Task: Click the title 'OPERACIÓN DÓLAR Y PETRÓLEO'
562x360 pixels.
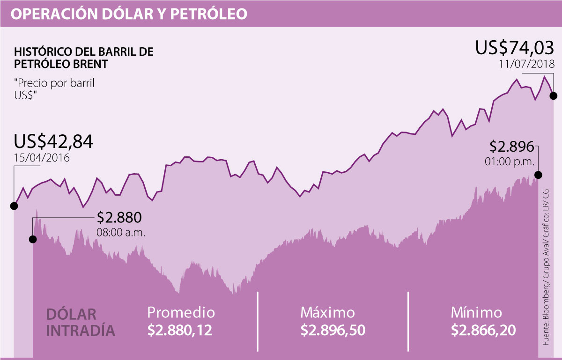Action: pyautogui.click(x=129, y=14)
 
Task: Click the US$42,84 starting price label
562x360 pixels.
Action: pyautogui.click(x=53, y=141)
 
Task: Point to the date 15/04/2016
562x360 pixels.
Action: pyautogui.click(x=42, y=158)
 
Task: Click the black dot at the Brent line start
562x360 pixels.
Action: pyautogui.click(x=14, y=206)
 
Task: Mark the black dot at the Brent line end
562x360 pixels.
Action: pyautogui.click(x=553, y=96)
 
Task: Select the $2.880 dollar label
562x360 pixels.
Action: pyautogui.click(x=118, y=218)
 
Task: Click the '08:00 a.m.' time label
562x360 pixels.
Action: pyautogui.click(x=121, y=232)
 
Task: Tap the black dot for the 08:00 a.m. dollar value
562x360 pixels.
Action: pyautogui.click(x=33, y=239)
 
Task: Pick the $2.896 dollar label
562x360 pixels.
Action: pyautogui.click(x=511, y=147)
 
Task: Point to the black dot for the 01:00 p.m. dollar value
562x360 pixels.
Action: pyautogui.click(x=538, y=175)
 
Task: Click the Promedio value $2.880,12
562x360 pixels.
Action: pyautogui.click(x=180, y=331)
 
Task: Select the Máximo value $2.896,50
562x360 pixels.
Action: pyautogui.click(x=333, y=331)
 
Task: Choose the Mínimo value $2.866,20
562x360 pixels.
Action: pyautogui.click(x=483, y=331)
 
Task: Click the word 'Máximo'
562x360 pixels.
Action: pyautogui.click(x=327, y=312)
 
